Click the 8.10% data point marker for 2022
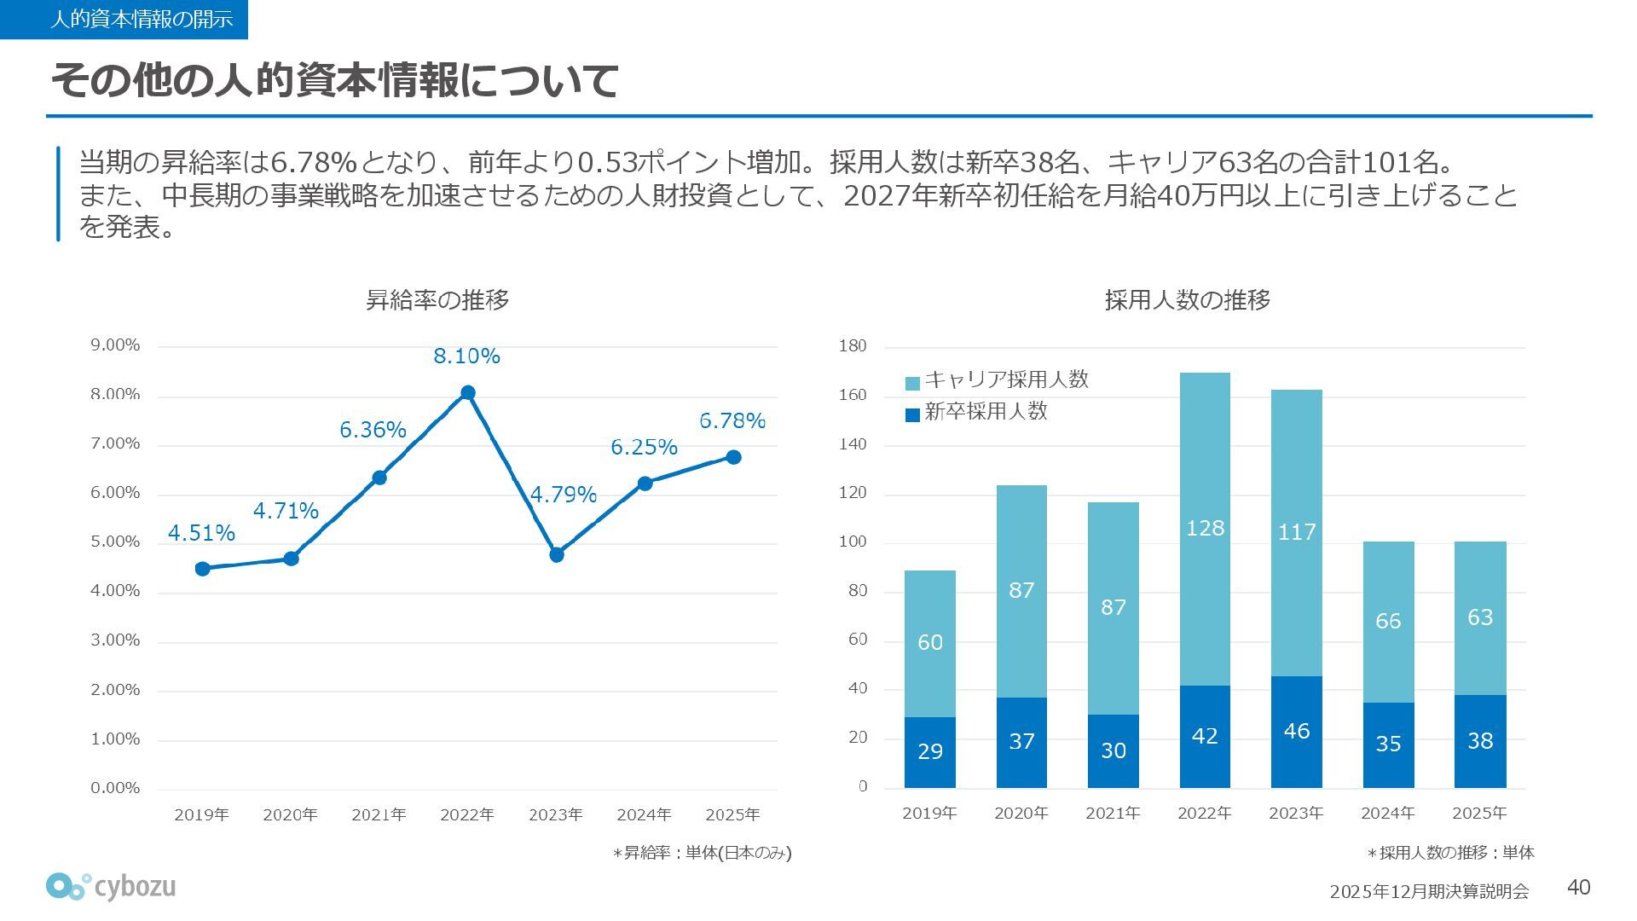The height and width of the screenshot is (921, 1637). coord(467,393)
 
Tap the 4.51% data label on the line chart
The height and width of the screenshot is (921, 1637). coord(201,533)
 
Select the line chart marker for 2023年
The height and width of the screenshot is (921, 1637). coord(557,555)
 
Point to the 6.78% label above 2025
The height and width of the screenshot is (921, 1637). coord(732,420)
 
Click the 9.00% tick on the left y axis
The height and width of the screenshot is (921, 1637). coord(115,345)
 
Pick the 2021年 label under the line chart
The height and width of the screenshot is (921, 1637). coord(379,814)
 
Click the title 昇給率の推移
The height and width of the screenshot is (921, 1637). coord(437,300)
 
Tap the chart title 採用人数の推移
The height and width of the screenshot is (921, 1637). coord(1187,300)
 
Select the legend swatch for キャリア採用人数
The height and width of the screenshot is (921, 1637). coord(912,383)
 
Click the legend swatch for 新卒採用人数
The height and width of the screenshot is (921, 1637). coord(912,414)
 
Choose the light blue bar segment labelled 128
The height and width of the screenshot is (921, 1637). coord(1205,529)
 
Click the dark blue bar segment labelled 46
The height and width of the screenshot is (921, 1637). coord(1296,732)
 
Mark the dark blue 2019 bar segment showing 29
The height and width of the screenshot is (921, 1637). coord(929,751)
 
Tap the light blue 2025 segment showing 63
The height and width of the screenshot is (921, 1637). coord(1479,617)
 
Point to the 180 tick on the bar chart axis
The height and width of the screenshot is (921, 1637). coord(853,345)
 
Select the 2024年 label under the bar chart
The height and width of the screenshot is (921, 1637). coord(1387,814)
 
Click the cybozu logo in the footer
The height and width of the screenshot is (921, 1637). coord(111,887)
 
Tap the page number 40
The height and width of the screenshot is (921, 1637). coord(1578,888)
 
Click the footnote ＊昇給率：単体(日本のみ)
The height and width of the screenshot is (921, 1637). coord(702,853)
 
